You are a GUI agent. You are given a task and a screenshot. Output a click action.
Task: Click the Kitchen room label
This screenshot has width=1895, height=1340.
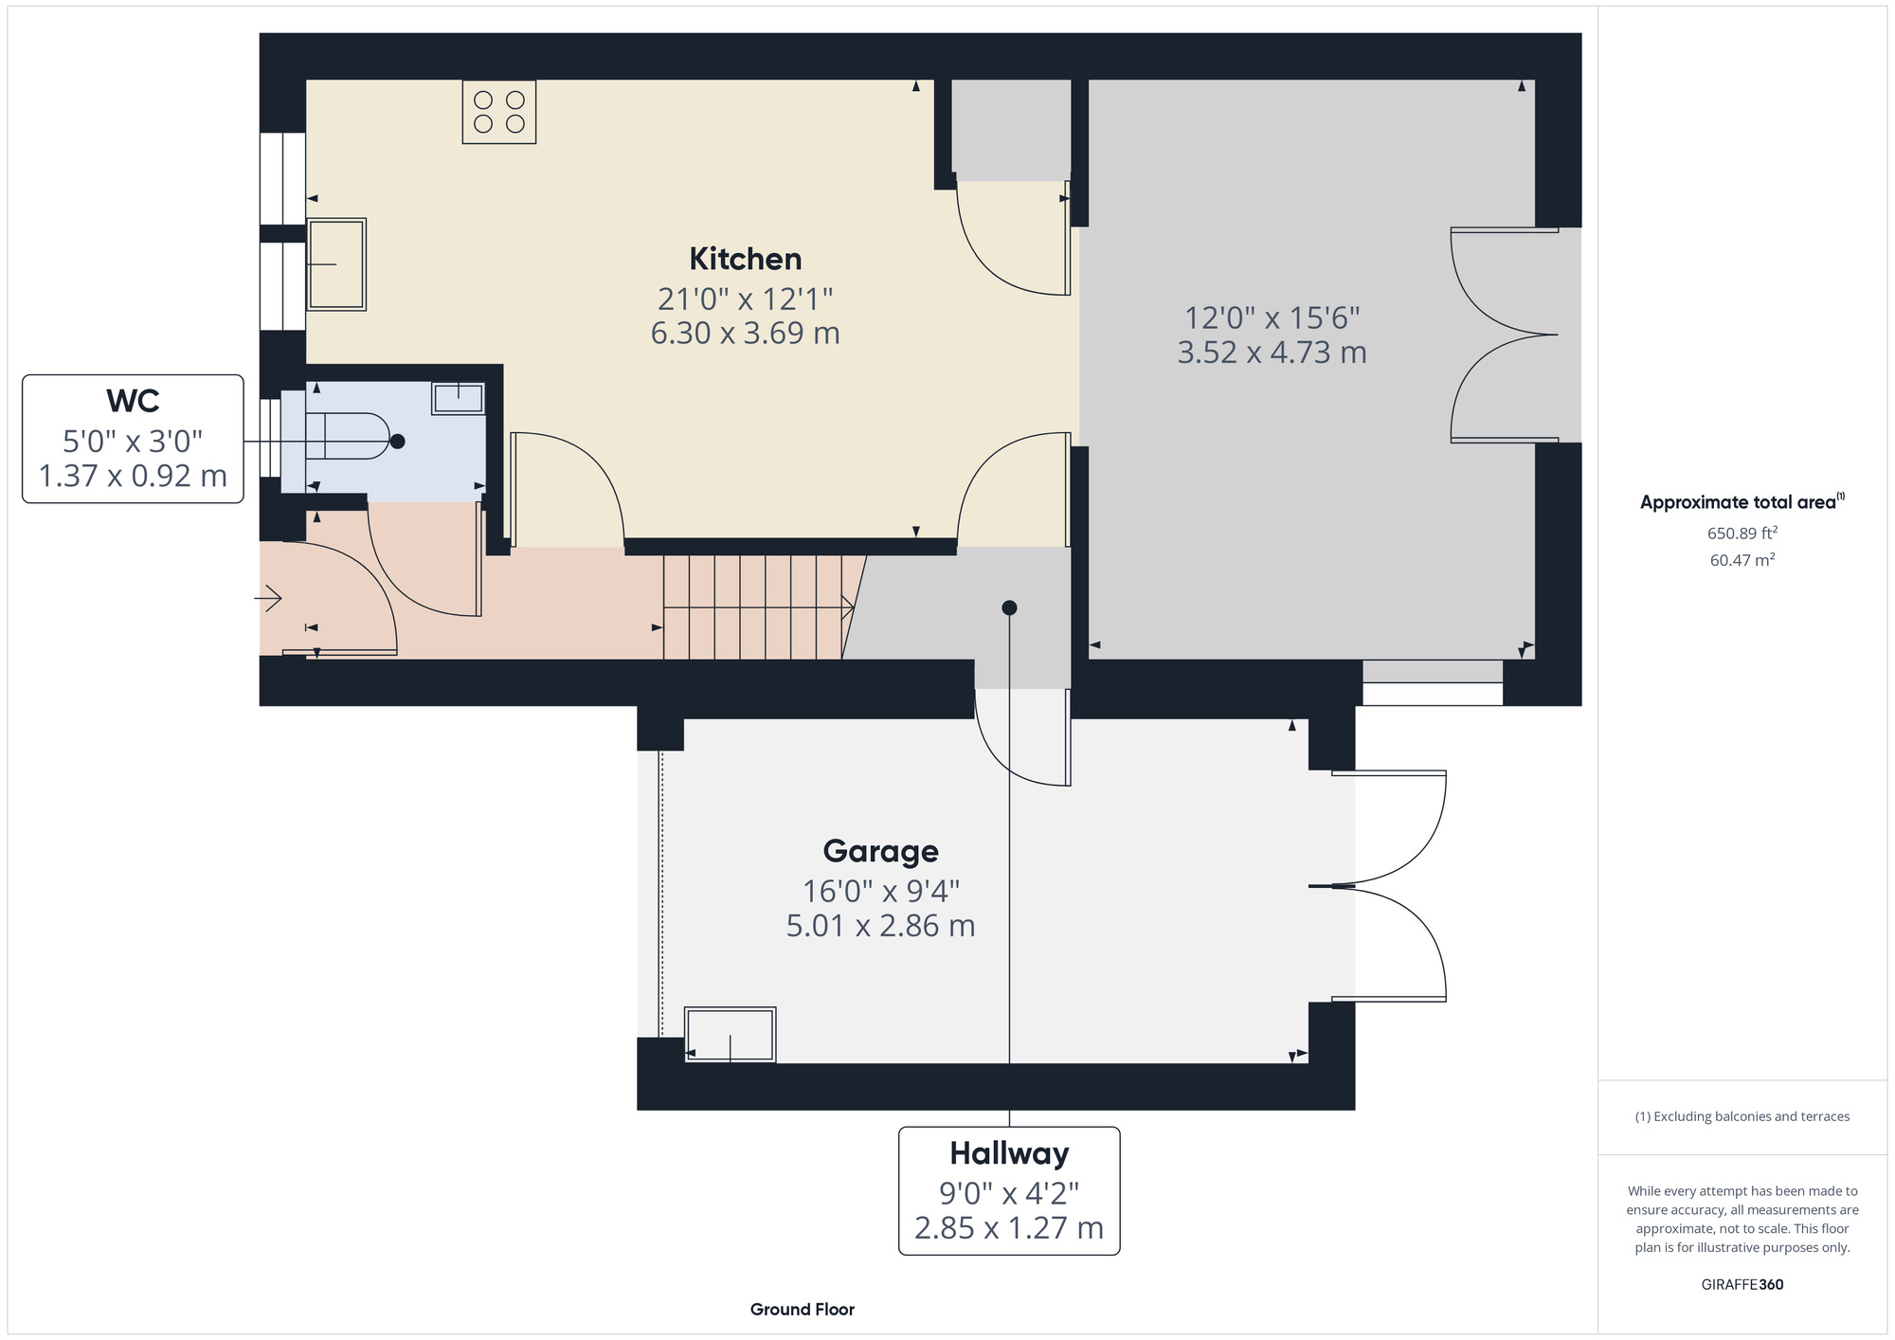(x=746, y=259)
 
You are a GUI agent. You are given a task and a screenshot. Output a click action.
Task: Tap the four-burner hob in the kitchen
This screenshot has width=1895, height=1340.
(x=499, y=112)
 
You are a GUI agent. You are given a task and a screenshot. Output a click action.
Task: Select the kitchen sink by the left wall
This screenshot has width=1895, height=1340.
(x=336, y=264)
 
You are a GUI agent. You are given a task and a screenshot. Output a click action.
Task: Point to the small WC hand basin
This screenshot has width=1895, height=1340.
(x=459, y=398)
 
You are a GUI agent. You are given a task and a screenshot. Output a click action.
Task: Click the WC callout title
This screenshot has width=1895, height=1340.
(x=133, y=401)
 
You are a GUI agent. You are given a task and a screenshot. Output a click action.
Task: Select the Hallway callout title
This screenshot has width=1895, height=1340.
(x=1009, y=1153)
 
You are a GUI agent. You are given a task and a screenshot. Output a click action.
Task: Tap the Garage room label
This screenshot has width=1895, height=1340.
(x=881, y=851)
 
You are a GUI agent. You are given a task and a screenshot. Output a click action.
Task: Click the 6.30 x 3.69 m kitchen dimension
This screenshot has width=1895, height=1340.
(x=746, y=334)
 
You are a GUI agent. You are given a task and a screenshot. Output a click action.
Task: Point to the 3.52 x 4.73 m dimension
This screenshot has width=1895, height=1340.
(x=1272, y=353)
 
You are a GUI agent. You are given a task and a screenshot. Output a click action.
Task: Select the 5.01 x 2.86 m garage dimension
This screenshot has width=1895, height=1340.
(x=881, y=926)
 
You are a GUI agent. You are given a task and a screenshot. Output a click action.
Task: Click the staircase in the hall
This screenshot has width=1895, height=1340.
(x=759, y=607)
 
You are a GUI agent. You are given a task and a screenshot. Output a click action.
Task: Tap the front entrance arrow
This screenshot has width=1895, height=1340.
(x=268, y=599)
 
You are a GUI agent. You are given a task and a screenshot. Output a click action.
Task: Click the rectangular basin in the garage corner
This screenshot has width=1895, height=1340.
(x=731, y=1035)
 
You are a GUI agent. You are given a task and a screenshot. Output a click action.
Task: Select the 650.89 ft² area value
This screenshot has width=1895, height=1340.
(x=1742, y=533)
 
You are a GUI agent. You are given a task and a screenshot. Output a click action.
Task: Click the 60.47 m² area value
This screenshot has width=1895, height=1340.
(x=1742, y=560)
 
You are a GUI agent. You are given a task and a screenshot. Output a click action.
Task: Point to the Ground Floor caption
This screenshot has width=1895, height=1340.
(x=803, y=1310)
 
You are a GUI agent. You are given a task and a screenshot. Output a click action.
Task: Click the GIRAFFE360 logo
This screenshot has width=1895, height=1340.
(x=1742, y=1285)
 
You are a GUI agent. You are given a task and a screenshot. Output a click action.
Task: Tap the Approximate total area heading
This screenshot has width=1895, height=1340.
(x=1742, y=502)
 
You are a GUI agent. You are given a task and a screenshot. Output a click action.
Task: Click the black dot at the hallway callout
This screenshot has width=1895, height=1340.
(x=1009, y=607)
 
